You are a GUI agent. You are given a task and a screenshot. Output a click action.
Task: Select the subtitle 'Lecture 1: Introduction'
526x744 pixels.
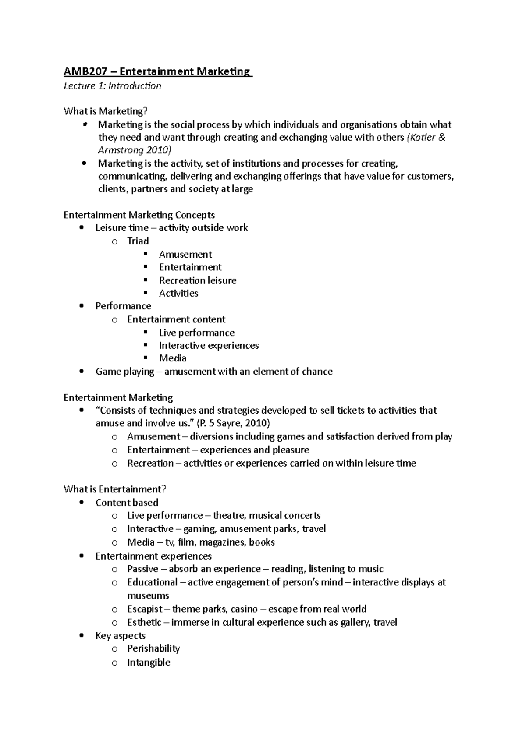coord(112,86)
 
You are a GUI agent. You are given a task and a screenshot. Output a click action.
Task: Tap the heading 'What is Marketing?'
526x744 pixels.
coord(103,111)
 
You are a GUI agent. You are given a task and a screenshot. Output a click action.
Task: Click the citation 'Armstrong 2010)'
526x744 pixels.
coord(135,150)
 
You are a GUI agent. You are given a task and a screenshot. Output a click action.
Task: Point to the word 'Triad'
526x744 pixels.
coord(138,241)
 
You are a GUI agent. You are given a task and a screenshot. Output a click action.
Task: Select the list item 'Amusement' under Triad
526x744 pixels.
coord(185,255)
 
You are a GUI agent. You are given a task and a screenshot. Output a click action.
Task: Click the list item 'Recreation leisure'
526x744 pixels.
coord(197,280)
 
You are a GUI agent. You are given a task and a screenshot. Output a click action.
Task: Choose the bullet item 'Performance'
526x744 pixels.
coord(123,306)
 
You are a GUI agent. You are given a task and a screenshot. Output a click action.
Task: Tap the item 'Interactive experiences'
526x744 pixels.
coord(209,346)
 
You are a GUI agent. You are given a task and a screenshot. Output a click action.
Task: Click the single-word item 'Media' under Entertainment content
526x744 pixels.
coord(172,358)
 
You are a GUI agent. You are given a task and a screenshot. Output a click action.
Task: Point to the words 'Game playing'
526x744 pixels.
coord(124,372)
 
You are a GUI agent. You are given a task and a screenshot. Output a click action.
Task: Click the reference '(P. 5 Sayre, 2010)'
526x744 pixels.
coord(233,423)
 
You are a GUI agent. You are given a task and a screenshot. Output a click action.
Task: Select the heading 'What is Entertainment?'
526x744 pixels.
coord(115,489)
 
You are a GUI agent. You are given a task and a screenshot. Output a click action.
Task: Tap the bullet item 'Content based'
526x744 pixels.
coord(127,503)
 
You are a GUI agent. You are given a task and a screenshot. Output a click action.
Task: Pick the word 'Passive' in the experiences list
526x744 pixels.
coord(142,569)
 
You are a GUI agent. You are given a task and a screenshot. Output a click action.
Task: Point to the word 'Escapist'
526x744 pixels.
coord(145,609)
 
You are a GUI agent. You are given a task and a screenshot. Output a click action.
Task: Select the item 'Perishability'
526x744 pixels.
coord(153,648)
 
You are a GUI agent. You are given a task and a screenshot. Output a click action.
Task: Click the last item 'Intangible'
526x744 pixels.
coord(149,663)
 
